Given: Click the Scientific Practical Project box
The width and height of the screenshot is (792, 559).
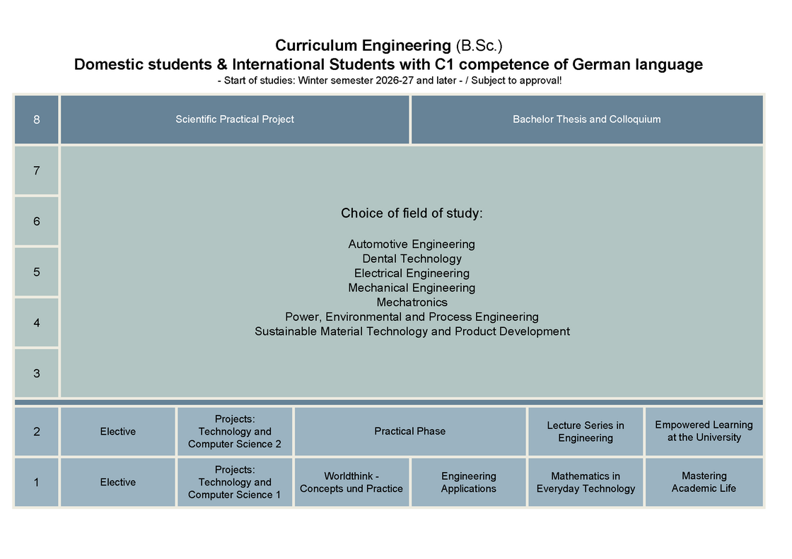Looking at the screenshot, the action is pos(234,119).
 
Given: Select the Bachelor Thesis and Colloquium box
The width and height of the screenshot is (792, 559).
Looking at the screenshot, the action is pos(587,119).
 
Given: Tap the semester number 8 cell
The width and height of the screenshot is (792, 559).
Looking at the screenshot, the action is pos(36,119).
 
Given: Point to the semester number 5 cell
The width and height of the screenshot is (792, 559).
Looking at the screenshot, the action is pos(36,272).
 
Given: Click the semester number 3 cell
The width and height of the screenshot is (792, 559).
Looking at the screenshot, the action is pos(36,373).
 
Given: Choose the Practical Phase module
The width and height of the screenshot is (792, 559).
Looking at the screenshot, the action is pos(410,431).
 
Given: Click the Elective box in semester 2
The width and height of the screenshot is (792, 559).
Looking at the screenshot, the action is pos(117,431).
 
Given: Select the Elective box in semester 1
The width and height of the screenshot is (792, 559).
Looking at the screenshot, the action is pos(117,482).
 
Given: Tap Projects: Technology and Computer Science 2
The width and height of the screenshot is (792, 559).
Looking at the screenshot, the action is pos(235,431).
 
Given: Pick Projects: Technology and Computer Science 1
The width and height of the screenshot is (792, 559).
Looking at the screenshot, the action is pos(235,482).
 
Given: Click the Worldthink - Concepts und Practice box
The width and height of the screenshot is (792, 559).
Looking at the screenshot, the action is pos(351,482).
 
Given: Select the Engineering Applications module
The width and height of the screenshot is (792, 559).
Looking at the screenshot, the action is pos(469,482).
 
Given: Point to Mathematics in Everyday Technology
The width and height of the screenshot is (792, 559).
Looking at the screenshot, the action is pos(586,482).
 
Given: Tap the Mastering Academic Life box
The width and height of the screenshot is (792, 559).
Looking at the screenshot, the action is pos(704,482).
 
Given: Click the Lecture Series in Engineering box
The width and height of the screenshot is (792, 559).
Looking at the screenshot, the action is pos(586,431).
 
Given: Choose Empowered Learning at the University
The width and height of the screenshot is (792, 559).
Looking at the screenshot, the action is pos(704,431).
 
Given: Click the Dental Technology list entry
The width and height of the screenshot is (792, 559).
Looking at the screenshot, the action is pos(412,259).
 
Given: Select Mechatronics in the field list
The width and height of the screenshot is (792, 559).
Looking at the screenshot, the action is pos(412,302).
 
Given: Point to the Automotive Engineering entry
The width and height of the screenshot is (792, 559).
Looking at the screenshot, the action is pos(412,245).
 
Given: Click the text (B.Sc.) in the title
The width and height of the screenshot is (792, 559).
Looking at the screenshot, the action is pos(479,45).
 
